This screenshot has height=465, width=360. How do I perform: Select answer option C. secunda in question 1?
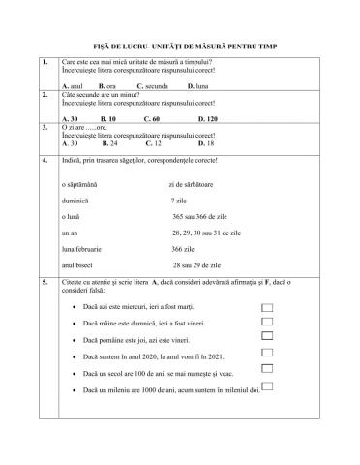(x=153, y=86)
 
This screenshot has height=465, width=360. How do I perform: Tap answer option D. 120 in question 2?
(x=198, y=117)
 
